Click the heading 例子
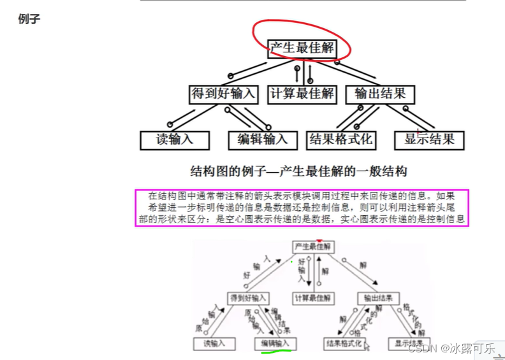click(30, 19)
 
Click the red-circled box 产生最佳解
click(300, 48)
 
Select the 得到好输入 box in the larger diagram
click(223, 94)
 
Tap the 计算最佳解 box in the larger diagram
click(301, 94)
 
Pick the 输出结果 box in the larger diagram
click(380, 94)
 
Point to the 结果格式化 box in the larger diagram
click(340, 140)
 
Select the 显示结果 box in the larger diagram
click(429, 140)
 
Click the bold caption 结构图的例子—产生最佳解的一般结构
click(298, 171)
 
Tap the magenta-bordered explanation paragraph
click(302, 208)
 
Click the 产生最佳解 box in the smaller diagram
click(313, 246)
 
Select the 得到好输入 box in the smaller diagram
click(248, 298)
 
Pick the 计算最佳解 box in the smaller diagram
click(312, 298)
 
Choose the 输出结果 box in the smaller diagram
click(378, 298)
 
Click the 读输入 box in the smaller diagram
click(214, 343)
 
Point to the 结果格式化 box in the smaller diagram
click(344, 343)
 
